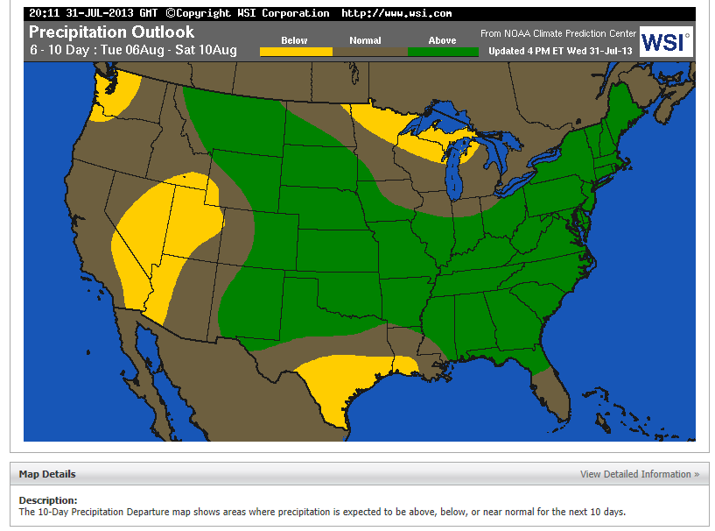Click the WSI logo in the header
tap(665, 41)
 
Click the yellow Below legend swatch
tap(295, 52)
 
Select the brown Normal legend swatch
tap(369, 52)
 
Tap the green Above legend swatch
tap(443, 52)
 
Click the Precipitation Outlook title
tap(111, 32)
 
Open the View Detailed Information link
tap(639, 474)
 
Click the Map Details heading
tap(47, 474)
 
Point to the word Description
tap(48, 500)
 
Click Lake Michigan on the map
tap(454, 175)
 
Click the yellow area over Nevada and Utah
tap(166, 232)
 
